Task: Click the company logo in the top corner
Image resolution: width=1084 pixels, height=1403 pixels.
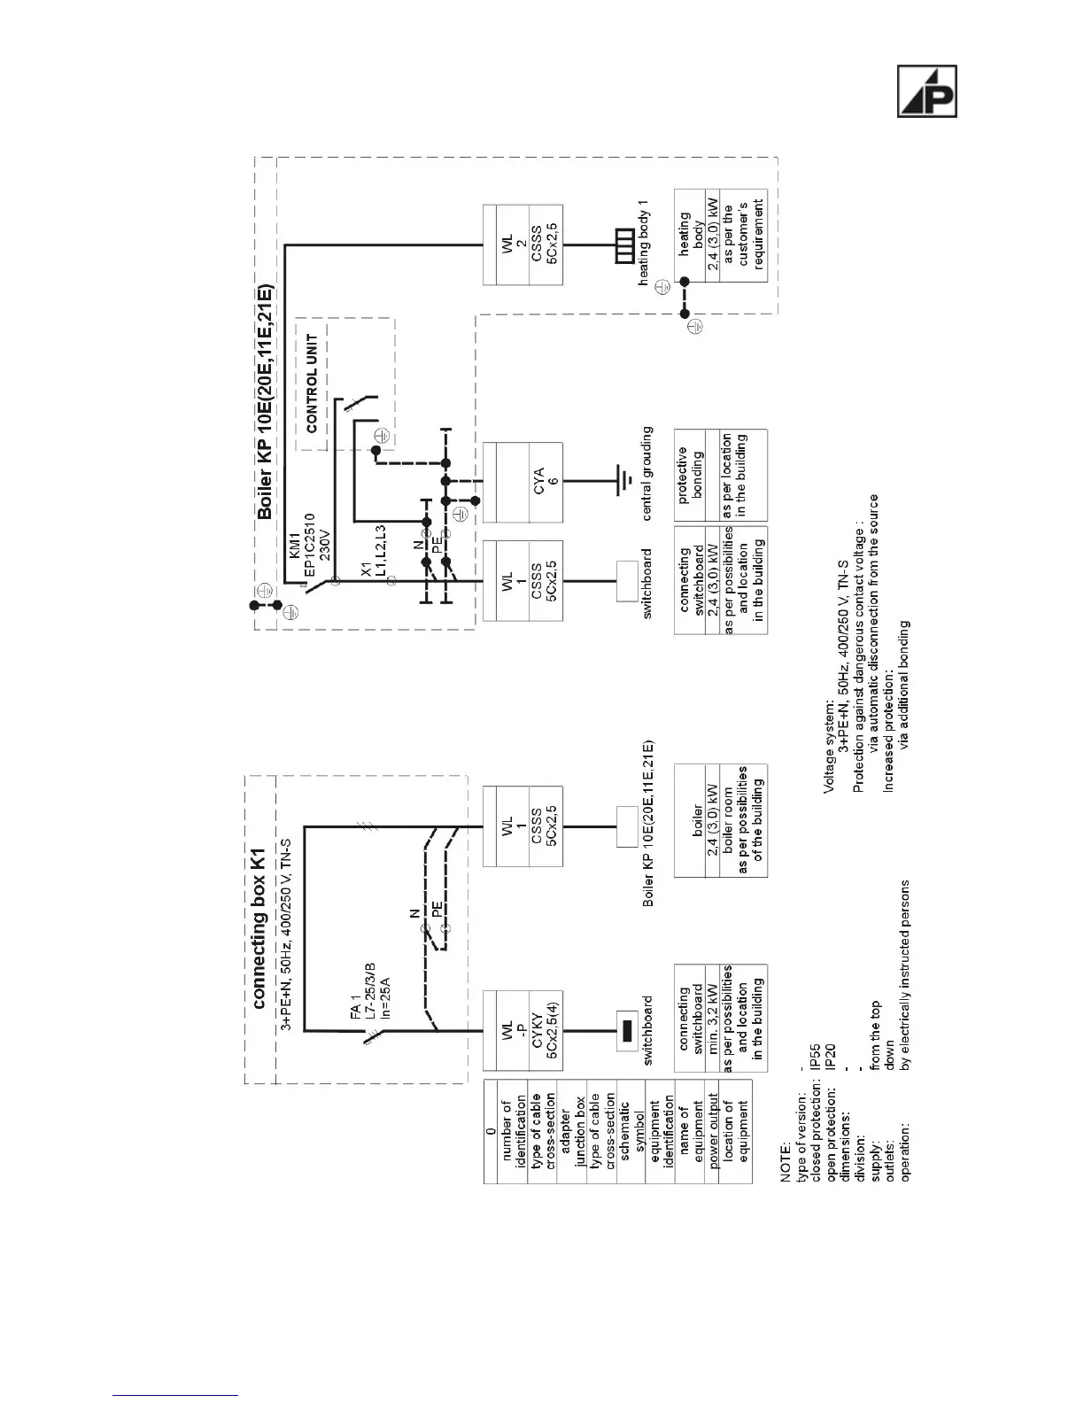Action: pos(927,91)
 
